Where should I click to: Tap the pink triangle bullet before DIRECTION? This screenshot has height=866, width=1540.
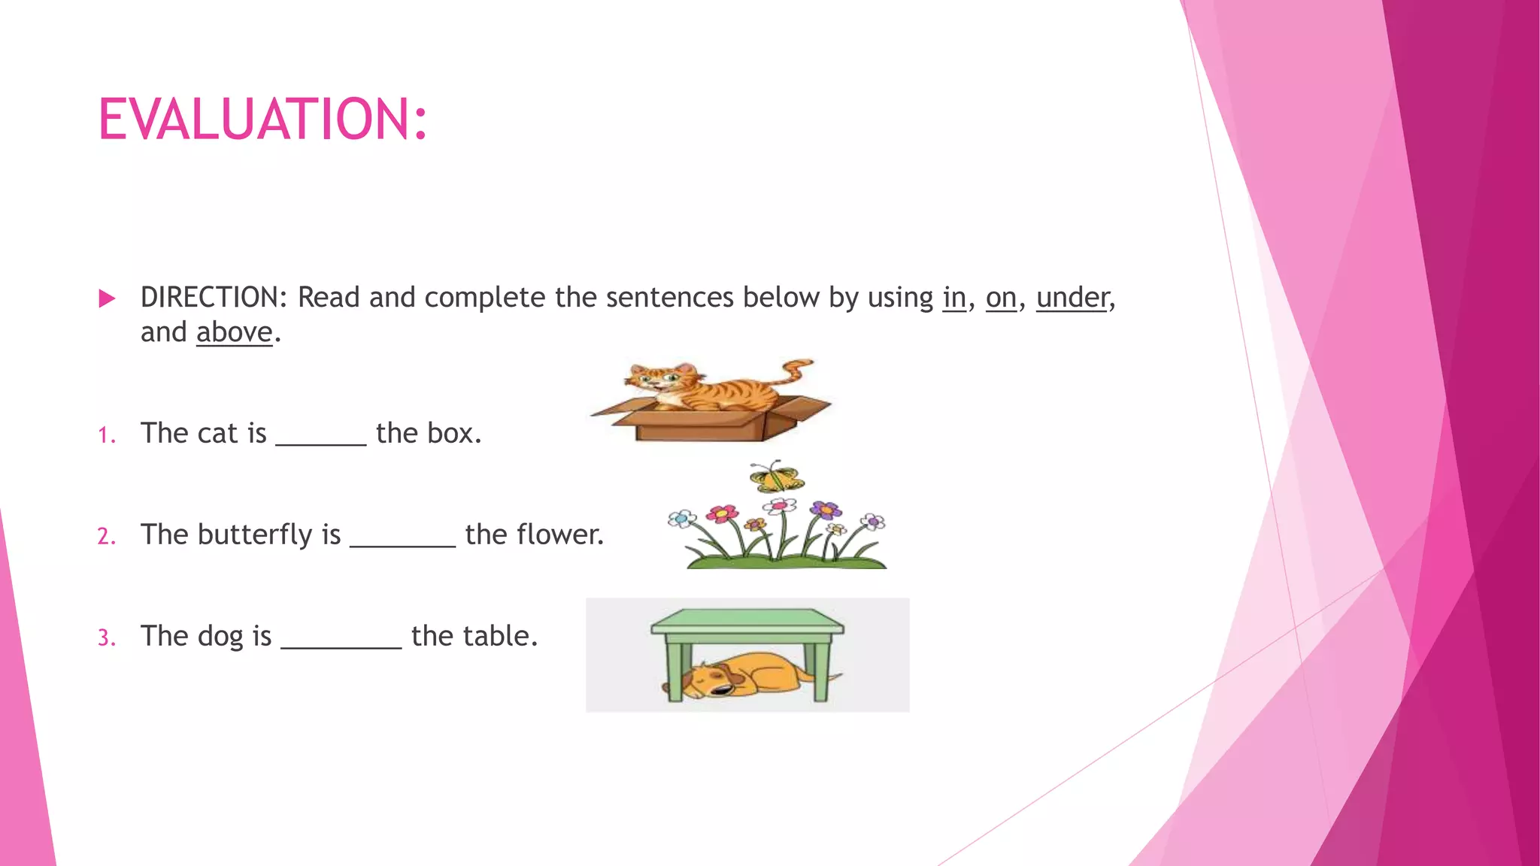tap(107, 298)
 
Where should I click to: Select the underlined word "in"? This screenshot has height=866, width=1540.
tap(954, 298)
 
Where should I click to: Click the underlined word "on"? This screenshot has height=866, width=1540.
tap(1001, 298)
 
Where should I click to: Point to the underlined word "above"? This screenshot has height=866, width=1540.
tap(234, 332)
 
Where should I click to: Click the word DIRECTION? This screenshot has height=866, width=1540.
tap(210, 298)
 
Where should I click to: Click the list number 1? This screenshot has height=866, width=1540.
tap(106, 435)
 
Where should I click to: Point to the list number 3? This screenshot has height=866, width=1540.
tap(106, 638)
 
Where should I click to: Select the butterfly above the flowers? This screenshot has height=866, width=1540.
tap(776, 477)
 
